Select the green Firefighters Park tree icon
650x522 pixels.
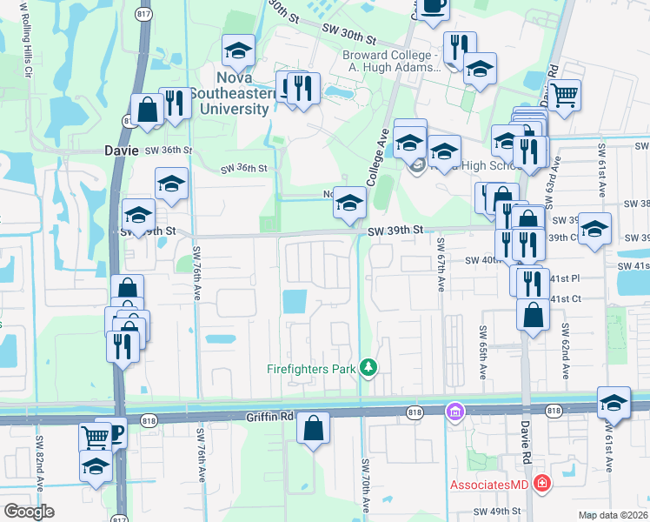click(x=369, y=369)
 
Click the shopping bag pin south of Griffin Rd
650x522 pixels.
click(x=313, y=429)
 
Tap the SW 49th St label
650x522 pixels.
click(x=496, y=512)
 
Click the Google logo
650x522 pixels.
click(x=30, y=512)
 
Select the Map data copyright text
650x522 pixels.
click(x=613, y=515)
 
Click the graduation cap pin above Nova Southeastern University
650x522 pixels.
click(x=237, y=51)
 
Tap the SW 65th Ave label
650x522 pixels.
click(x=482, y=352)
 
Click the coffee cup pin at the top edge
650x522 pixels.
click(x=434, y=7)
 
